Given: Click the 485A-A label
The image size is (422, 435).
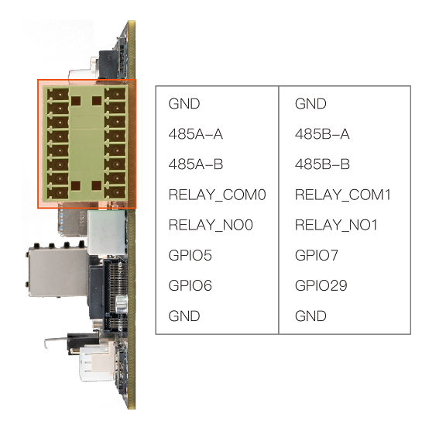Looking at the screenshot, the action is pyautogui.click(x=196, y=134).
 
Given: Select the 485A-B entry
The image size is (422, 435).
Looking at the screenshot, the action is pyautogui.click(x=196, y=164).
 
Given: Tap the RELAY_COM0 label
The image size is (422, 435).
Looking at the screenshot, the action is pyautogui.click(x=218, y=195).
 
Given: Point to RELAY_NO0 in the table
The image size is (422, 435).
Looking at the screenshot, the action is pyautogui.click(x=211, y=225).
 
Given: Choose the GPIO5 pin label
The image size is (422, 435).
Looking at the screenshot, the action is pyautogui.click(x=190, y=255).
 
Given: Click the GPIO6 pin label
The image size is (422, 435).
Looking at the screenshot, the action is pyautogui.click(x=190, y=285).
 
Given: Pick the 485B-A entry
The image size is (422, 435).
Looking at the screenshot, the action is pyautogui.click(x=322, y=134).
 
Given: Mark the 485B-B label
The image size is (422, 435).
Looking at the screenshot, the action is pyautogui.click(x=322, y=164).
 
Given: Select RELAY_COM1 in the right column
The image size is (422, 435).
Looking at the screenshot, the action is pyautogui.click(x=343, y=195).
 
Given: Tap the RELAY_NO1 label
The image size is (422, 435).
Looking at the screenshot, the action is pyautogui.click(x=336, y=225).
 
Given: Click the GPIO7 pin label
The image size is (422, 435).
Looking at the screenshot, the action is pyautogui.click(x=317, y=255).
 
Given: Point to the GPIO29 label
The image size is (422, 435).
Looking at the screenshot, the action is pyautogui.click(x=321, y=285).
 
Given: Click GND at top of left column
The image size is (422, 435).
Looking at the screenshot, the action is pyautogui.click(x=184, y=104).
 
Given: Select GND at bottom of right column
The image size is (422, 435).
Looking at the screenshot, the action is pyautogui.click(x=310, y=316).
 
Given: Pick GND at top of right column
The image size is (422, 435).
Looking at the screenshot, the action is pyautogui.click(x=310, y=104).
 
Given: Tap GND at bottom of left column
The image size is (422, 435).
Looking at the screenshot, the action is pyautogui.click(x=184, y=316).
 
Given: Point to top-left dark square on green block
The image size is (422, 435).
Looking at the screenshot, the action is pyautogui.click(x=76, y=101).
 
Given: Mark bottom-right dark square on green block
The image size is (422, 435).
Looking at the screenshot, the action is pyautogui.click(x=97, y=185).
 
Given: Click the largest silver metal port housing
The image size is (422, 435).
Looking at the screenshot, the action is pyautogui.click(x=57, y=272).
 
